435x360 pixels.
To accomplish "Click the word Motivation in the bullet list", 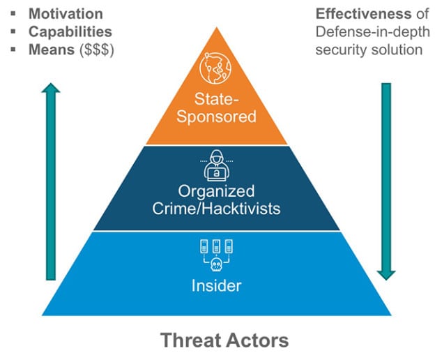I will (65, 14).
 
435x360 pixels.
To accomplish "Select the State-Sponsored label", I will (215, 107).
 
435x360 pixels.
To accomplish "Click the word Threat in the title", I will (187, 341).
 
